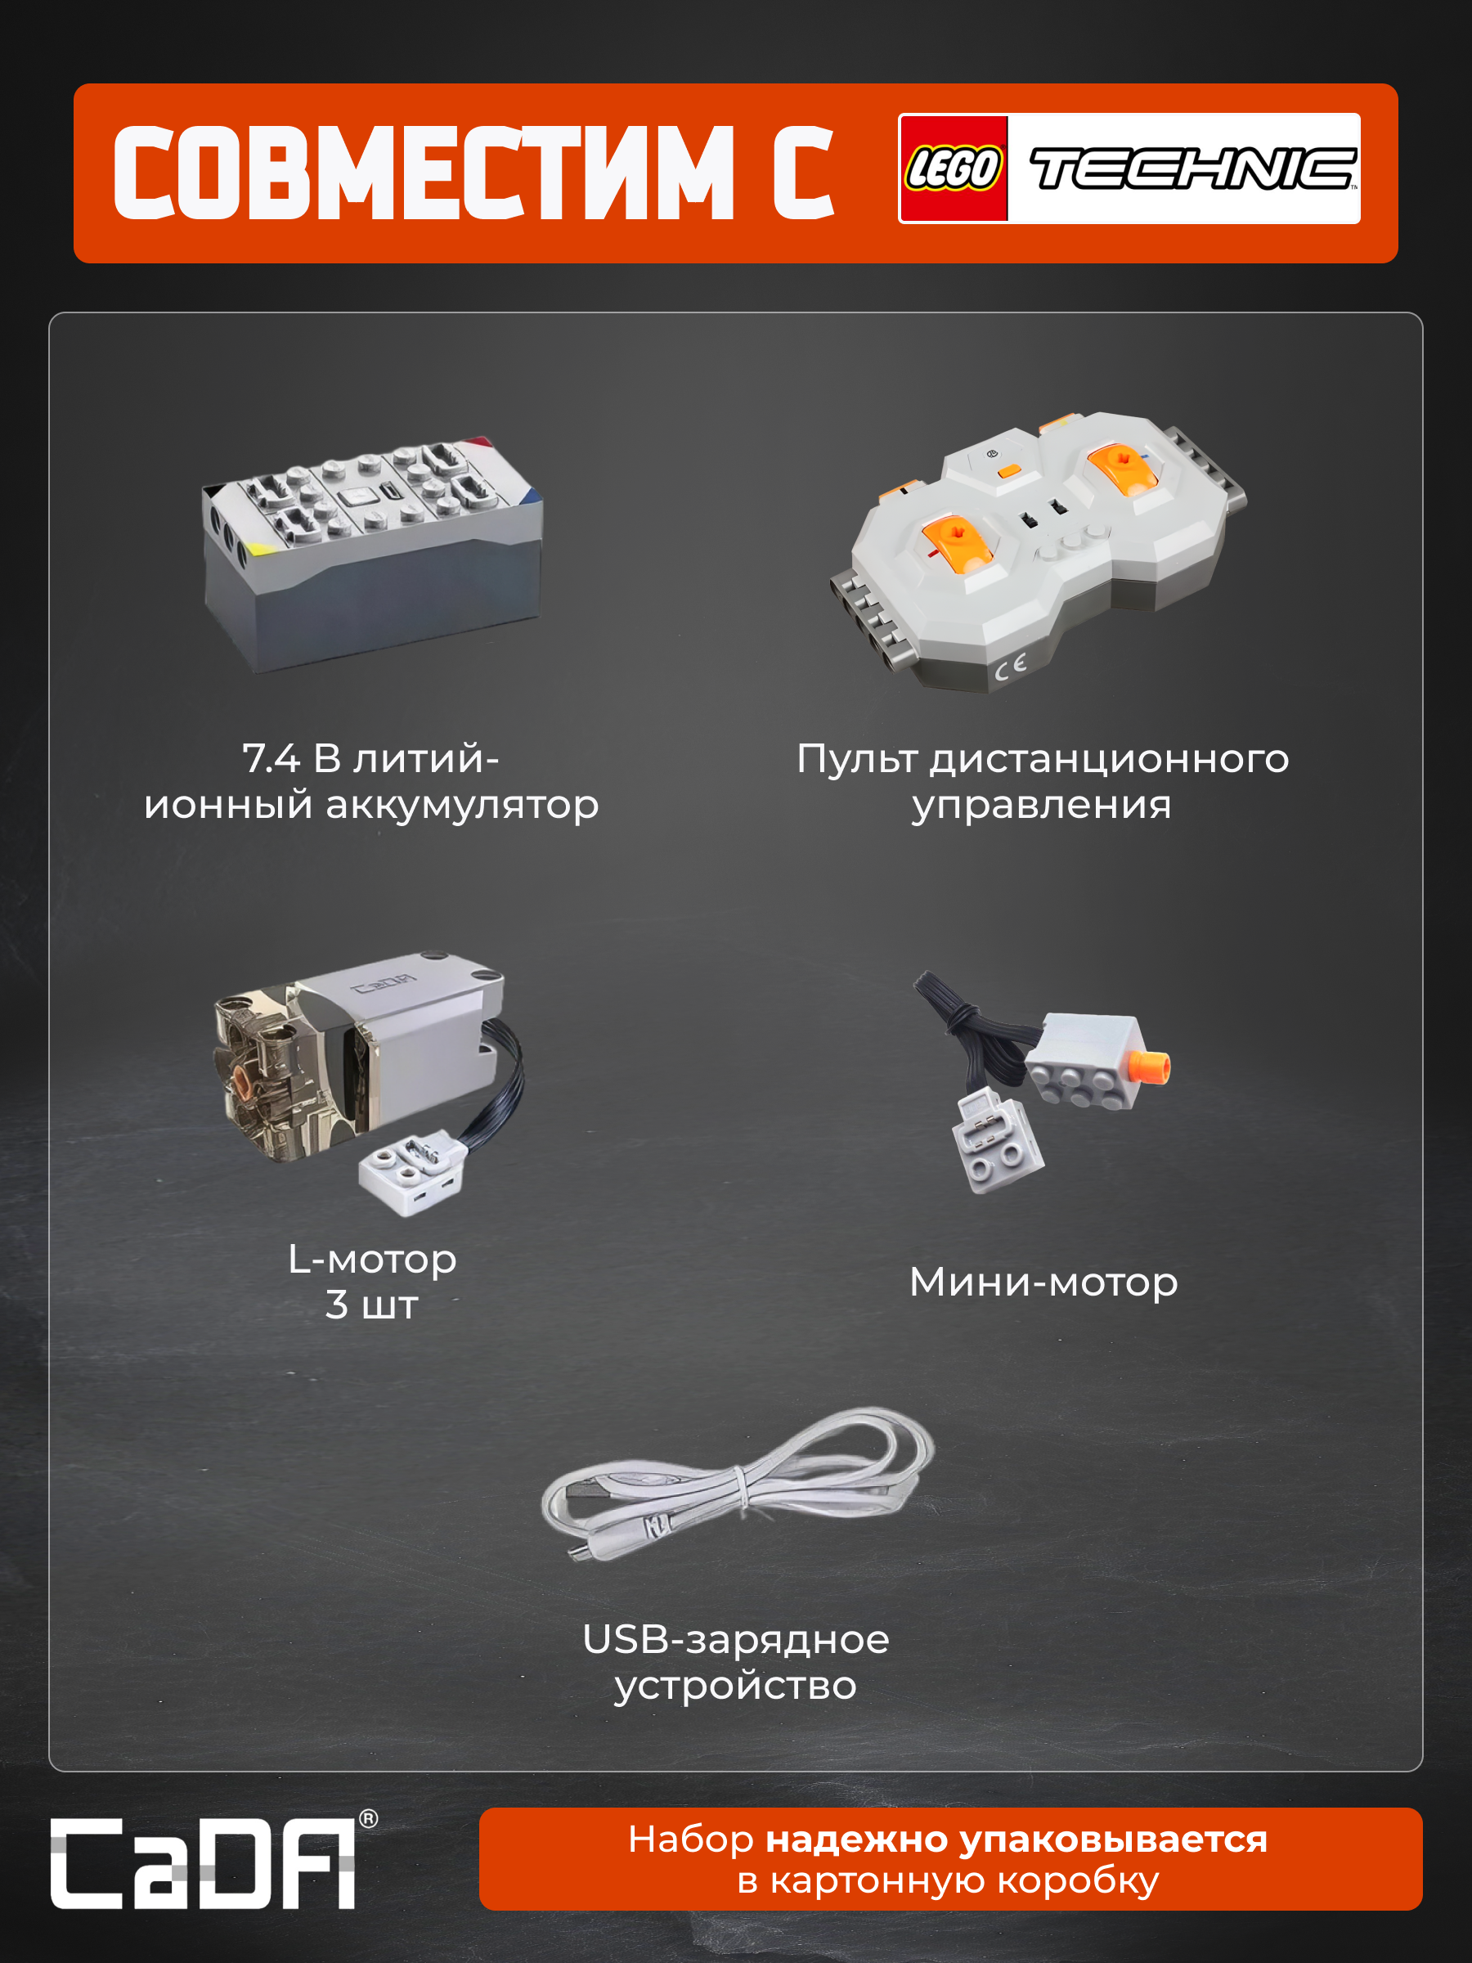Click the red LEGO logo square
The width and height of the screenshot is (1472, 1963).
954,168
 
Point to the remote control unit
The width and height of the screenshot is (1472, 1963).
1038,550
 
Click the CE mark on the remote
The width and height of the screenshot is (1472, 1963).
1011,667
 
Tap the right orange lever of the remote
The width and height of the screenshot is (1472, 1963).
1124,467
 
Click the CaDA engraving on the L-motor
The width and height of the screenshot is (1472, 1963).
384,983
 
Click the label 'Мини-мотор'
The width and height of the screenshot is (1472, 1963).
1043,1282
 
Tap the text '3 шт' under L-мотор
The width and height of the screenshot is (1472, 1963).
372,1305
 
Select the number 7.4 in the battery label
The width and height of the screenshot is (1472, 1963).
272,758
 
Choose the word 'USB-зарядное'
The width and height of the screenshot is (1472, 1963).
735,1639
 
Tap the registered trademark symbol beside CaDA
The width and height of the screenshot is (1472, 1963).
368,1819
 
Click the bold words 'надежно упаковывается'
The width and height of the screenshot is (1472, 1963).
1016,1839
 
